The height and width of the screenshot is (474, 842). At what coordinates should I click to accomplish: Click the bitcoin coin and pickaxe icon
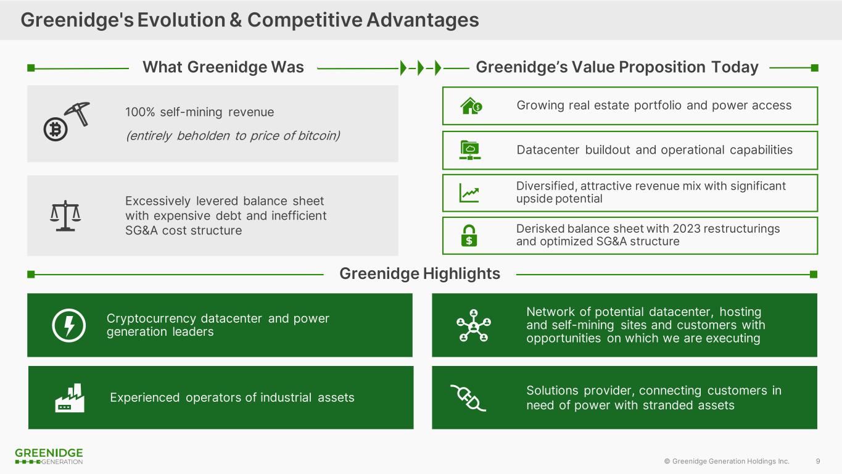tap(67, 122)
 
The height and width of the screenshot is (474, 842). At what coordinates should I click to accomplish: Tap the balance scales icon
tap(65, 215)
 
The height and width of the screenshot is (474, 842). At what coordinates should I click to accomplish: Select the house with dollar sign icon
tap(471, 106)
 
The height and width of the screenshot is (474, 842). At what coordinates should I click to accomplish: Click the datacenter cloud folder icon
tap(471, 150)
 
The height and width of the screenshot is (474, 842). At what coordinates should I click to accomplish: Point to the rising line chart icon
tap(469, 193)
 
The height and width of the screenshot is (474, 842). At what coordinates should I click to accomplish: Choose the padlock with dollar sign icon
tap(469, 236)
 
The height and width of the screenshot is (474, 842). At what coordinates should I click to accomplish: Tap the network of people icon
tap(473, 325)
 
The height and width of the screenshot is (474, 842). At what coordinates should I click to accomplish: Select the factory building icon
tap(69, 398)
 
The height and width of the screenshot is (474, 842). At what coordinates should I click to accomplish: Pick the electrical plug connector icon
tap(468, 397)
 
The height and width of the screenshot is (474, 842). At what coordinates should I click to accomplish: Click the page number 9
tap(818, 461)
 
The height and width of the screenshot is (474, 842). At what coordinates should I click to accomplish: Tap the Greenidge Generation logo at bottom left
tap(49, 457)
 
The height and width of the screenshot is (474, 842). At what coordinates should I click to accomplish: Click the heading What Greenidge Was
tap(223, 67)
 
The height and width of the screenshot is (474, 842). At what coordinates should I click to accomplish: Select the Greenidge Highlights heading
tap(419, 273)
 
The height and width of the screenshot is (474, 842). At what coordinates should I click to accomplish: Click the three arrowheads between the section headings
tap(420, 67)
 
